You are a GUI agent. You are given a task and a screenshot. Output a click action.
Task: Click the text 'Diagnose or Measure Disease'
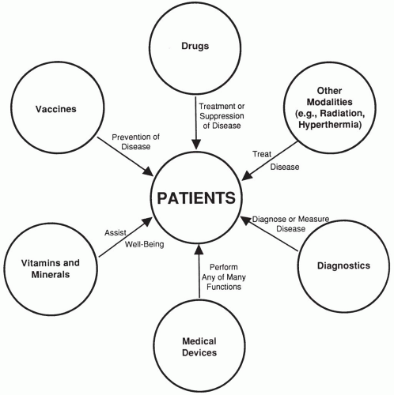pyautogui.click(x=290, y=224)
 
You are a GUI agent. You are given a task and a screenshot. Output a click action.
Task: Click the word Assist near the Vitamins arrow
pyautogui.click(x=116, y=233)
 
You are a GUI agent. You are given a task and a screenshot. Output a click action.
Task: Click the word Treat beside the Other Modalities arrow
pyautogui.click(x=263, y=154)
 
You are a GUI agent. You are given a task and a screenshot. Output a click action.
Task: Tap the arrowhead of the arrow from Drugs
pyautogui.click(x=197, y=148)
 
